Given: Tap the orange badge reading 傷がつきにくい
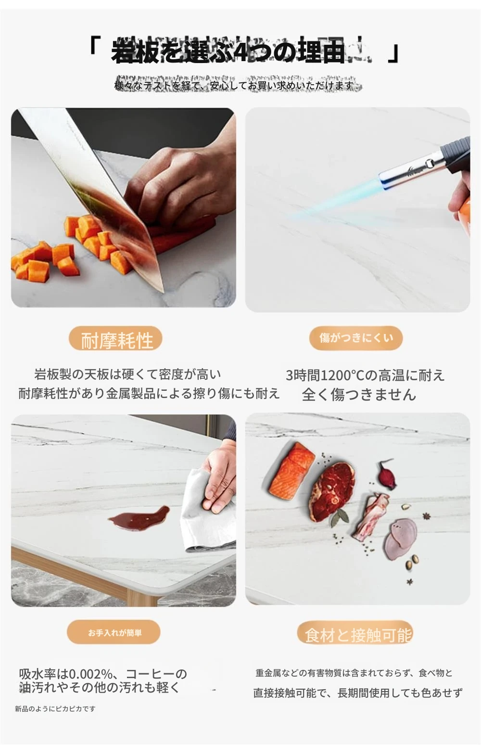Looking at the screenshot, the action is [356, 338].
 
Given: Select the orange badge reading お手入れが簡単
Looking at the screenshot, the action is [114, 632].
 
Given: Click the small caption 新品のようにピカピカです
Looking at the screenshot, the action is [55, 709].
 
